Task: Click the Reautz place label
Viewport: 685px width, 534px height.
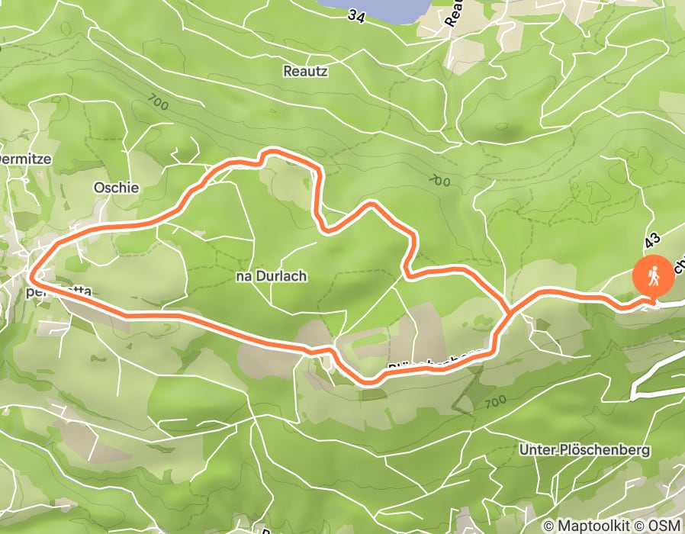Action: click(305, 70)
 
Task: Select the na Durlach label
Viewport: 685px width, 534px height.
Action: click(272, 276)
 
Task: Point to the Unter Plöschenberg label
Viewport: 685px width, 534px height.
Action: click(584, 450)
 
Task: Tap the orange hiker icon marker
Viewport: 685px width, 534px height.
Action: click(654, 276)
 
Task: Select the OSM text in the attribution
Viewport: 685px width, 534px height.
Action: click(666, 526)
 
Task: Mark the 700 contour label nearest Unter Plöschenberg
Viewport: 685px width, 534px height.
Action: click(495, 400)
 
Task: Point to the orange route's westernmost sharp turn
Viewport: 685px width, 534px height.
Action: click(32, 271)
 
